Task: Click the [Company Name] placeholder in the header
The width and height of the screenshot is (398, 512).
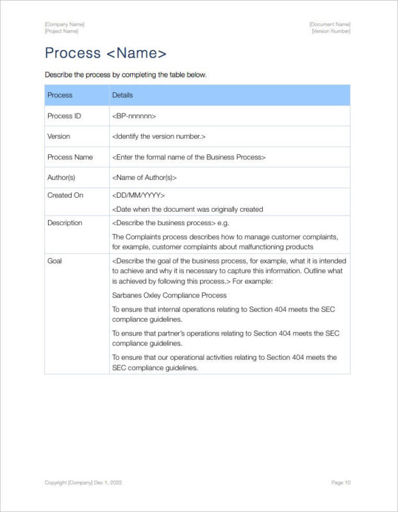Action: (x=64, y=24)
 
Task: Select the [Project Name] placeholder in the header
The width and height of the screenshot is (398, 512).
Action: (x=62, y=31)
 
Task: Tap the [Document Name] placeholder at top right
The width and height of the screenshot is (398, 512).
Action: (x=329, y=24)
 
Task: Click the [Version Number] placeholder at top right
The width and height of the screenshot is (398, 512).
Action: (x=331, y=31)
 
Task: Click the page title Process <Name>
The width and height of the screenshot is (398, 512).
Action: (x=106, y=53)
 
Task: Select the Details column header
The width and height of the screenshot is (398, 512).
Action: (x=122, y=95)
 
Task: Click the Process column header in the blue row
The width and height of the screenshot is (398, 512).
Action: (x=60, y=95)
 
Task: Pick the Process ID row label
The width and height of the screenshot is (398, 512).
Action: (x=64, y=116)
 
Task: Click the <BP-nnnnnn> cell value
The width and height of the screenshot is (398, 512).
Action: (x=134, y=116)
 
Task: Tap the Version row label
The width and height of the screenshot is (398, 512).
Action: (x=59, y=136)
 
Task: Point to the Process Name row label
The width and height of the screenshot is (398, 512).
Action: (x=70, y=157)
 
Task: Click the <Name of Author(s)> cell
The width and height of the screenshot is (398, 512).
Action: (x=144, y=177)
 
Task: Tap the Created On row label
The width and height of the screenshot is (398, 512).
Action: (x=65, y=195)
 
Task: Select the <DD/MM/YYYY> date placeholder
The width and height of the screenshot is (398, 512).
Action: (x=138, y=195)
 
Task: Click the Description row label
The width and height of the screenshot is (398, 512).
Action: (x=65, y=223)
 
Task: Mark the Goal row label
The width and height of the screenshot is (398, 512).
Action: (x=54, y=261)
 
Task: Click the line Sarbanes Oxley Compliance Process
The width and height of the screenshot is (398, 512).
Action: (x=169, y=295)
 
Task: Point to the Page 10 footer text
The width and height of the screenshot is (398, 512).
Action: (x=341, y=483)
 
